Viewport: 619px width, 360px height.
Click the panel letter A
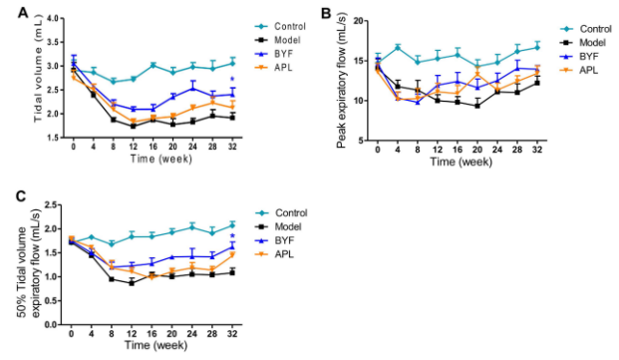[x=23, y=13]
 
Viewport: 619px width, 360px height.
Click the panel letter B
[x=326, y=14]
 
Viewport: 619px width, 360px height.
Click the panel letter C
[x=21, y=195]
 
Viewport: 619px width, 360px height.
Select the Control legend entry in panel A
[x=280, y=27]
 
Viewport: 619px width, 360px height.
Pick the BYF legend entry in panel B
[x=579, y=57]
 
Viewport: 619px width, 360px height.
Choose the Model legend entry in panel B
[x=583, y=43]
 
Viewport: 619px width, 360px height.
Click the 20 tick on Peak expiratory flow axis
[x=358, y=21]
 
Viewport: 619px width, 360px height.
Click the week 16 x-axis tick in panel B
[x=458, y=150]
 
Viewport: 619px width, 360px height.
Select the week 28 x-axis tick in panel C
[x=212, y=334]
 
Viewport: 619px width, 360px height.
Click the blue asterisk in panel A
[x=232, y=80]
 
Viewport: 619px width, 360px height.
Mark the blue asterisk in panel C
[x=232, y=236]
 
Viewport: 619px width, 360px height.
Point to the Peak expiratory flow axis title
[x=342, y=81]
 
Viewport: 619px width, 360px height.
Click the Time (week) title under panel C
[x=156, y=345]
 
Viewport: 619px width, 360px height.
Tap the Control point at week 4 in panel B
[x=398, y=48]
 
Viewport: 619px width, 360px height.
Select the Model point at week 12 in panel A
[x=133, y=127]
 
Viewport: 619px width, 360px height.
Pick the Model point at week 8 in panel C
[x=112, y=279]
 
